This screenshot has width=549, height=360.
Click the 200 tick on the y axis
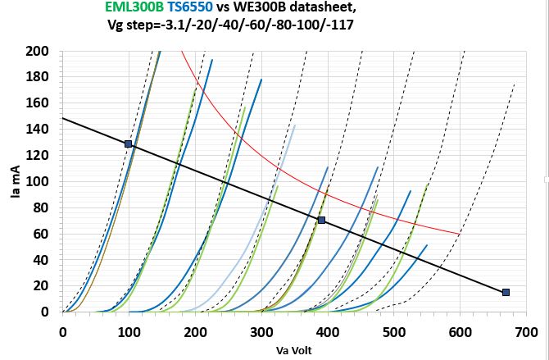(x=39, y=52)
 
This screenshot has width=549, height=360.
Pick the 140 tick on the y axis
(x=39, y=130)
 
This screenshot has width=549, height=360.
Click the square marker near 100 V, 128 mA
(x=128, y=144)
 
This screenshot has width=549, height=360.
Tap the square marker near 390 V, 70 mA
(x=321, y=220)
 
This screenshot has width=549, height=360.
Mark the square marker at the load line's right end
(x=506, y=292)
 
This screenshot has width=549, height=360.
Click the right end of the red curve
(x=458, y=234)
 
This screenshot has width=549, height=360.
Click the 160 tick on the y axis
(x=39, y=104)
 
